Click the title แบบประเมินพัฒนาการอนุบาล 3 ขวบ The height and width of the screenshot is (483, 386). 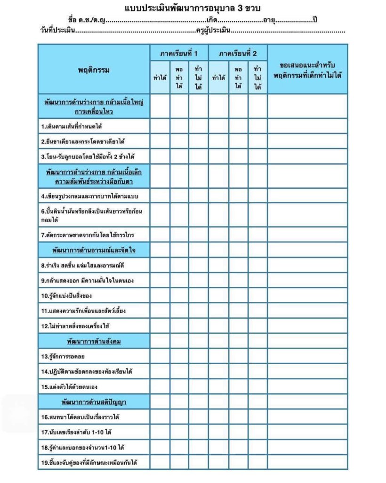193,8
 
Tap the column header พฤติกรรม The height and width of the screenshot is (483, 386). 94,70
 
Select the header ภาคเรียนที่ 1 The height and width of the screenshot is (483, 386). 179,53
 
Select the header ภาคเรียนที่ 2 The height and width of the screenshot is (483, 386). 238,53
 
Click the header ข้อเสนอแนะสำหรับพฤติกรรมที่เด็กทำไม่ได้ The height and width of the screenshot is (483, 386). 307,70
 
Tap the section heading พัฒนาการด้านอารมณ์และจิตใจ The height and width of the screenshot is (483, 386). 94,250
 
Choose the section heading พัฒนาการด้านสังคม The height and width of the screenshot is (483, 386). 94,341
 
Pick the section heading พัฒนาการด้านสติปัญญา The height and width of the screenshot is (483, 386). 94,402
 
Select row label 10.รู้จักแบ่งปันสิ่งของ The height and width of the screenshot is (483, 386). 66,296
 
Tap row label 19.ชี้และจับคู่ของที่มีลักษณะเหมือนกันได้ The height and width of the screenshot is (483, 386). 88,462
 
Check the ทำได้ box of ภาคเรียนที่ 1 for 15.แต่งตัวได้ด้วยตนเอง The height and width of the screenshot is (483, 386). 160,387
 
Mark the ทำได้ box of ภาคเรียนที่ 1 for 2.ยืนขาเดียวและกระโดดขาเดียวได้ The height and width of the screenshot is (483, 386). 160,141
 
